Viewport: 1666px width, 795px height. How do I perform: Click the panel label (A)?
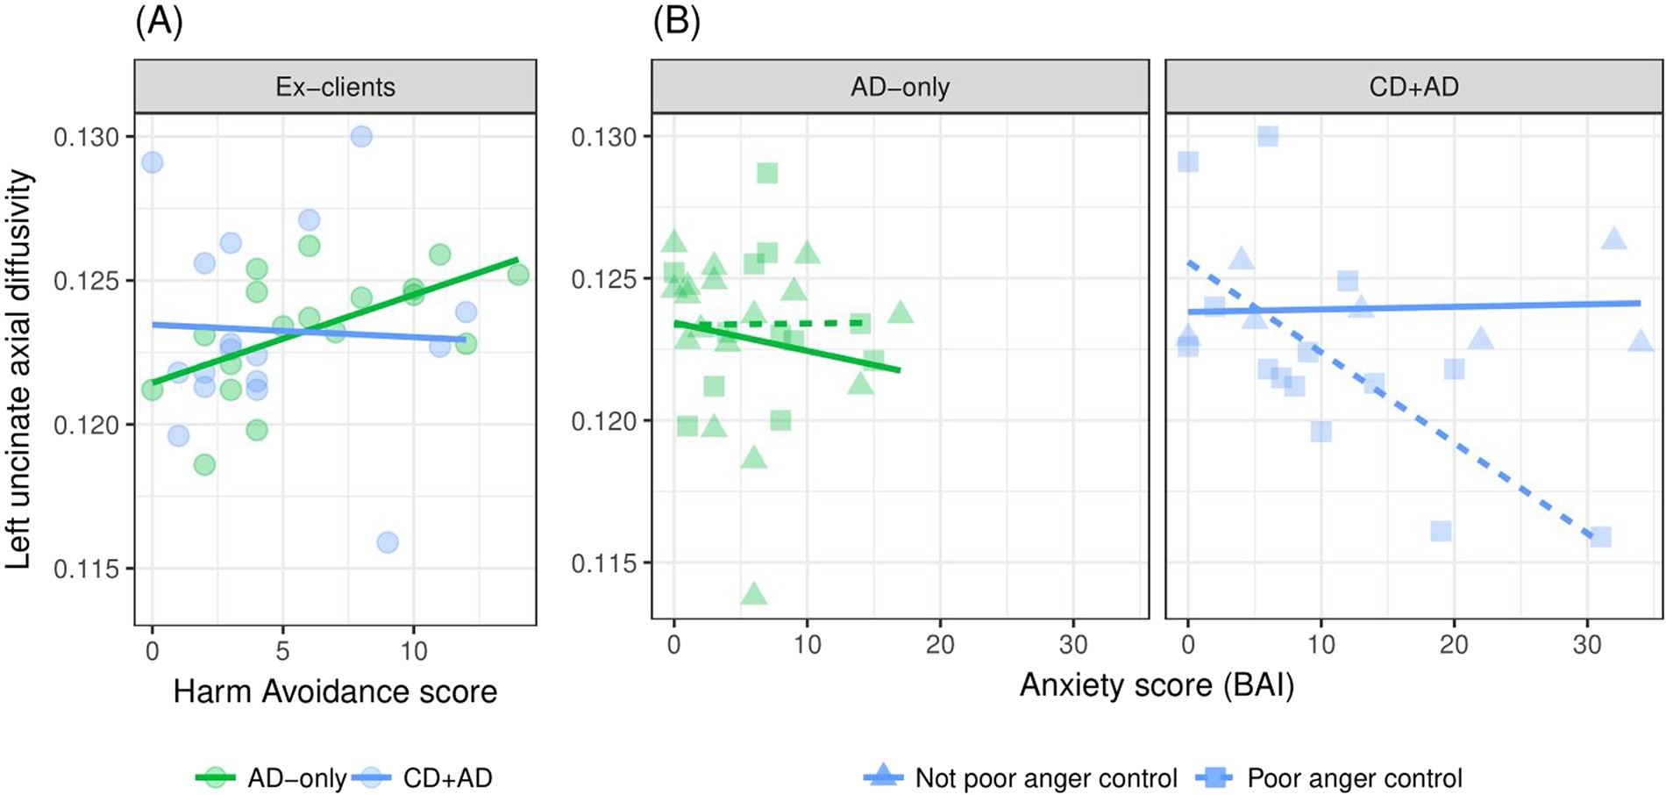point(159,20)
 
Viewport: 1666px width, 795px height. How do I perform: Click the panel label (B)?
point(676,20)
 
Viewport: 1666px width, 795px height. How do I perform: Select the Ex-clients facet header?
point(335,87)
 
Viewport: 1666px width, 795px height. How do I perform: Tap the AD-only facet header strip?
point(900,87)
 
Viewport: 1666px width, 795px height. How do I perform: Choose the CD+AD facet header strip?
point(1413,87)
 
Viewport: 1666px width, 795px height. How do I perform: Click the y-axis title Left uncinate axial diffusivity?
point(19,369)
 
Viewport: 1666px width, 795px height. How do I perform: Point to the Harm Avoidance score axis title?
point(335,691)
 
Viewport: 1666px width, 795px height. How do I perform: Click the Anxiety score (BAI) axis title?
point(1157,684)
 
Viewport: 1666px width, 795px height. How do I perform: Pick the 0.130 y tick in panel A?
point(85,137)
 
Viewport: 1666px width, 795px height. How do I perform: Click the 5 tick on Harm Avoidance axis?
point(282,650)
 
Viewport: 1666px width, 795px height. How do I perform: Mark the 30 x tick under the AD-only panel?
point(1073,645)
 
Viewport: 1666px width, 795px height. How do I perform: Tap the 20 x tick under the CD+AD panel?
point(1454,645)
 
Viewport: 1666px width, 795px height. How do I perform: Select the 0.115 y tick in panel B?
point(602,562)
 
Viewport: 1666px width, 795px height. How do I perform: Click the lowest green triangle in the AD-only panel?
point(754,594)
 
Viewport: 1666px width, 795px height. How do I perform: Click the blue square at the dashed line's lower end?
point(1600,536)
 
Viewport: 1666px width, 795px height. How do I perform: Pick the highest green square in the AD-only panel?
point(767,173)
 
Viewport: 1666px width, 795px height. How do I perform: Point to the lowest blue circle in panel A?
point(388,542)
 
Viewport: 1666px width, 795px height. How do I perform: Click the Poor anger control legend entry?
point(1336,777)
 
